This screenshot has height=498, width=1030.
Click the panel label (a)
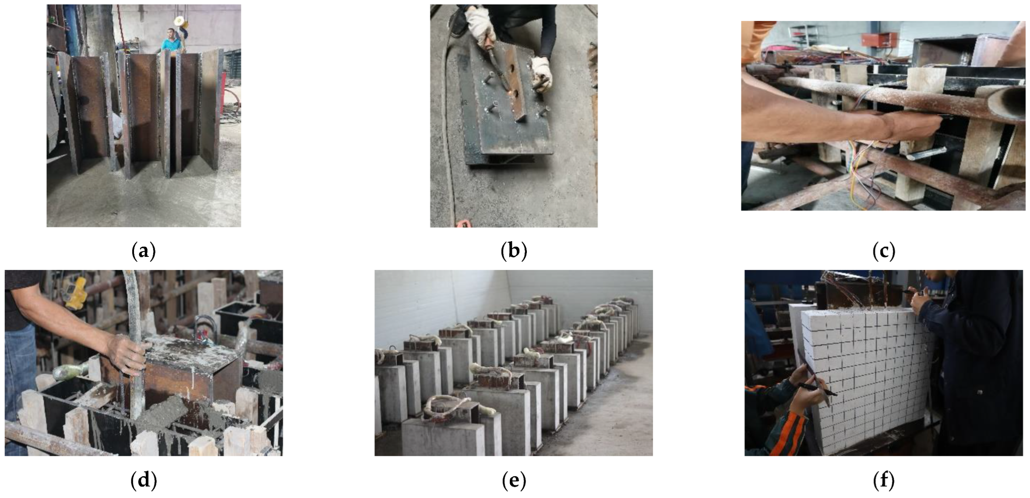[144, 251]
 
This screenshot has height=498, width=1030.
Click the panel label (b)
[514, 251]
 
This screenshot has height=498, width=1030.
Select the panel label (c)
[884, 251]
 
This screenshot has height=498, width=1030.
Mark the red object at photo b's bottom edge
[463, 224]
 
